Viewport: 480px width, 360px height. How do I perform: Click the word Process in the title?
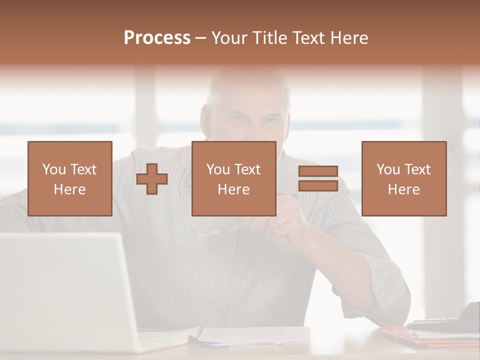157,38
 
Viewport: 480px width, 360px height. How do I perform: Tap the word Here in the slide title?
348,38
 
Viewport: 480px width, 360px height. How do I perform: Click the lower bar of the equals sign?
318,185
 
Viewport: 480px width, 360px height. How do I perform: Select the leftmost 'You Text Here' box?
70,178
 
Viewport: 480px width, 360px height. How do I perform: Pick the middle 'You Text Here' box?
234,178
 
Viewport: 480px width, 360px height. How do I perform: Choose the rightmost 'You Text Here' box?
404,178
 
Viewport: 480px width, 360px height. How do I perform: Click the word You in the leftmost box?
53,169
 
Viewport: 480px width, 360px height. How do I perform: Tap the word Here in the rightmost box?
404,189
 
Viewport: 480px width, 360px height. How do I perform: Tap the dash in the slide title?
201,38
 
